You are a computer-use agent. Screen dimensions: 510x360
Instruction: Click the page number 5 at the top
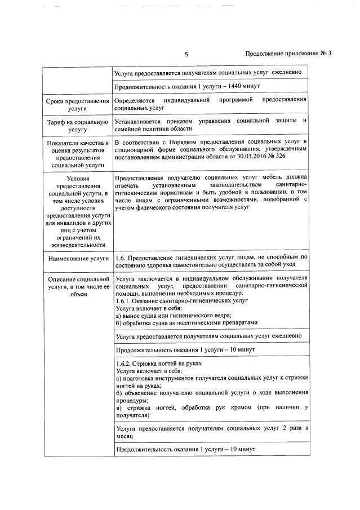[186, 55]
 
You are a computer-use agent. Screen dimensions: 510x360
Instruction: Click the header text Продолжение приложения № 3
[288, 54]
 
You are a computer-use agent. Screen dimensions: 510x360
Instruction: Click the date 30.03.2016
[256, 156]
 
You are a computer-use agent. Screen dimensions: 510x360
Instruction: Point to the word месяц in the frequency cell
[123, 436]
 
